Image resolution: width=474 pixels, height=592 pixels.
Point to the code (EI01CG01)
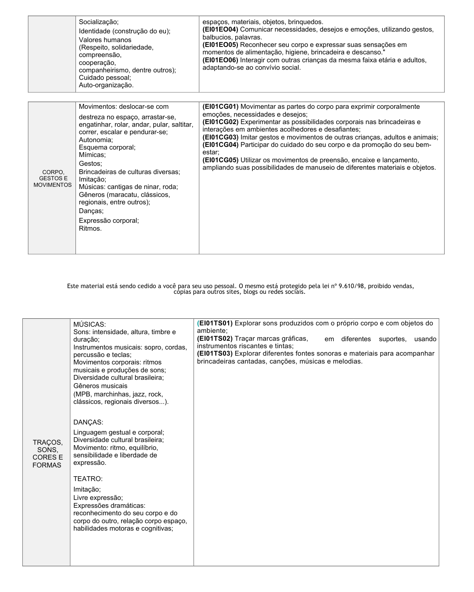[x=220, y=107]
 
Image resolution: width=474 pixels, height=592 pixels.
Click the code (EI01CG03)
[x=220, y=137]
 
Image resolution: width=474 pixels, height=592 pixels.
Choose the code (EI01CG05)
[x=220, y=160]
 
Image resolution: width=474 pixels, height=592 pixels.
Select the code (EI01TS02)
[x=215, y=339]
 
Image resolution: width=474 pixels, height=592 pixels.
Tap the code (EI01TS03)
[x=215, y=353]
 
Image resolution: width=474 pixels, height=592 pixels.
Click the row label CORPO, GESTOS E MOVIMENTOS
[x=52, y=178]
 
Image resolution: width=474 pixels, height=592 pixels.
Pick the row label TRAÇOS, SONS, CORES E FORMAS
[x=47, y=454]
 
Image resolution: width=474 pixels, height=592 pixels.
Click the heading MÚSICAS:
[x=90, y=325]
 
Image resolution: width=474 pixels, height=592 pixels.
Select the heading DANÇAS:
[x=88, y=422]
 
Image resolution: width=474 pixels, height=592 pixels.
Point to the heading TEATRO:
[x=88, y=479]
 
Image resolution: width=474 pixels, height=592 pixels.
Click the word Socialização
[x=98, y=22]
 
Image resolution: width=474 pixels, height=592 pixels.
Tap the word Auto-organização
[x=106, y=85]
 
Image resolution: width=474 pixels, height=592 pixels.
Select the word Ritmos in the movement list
[x=90, y=228]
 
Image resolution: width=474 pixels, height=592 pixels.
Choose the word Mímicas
[x=92, y=155]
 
